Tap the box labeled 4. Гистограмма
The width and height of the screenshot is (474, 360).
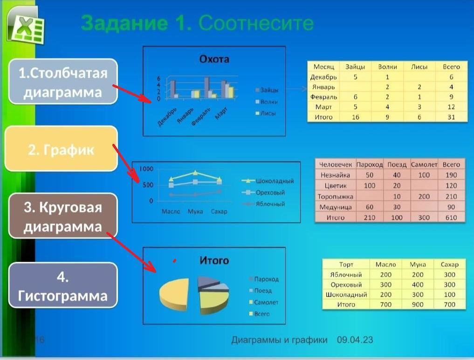click(62, 286)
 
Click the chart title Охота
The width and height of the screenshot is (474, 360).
click(214, 59)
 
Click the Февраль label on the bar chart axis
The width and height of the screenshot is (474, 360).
click(201, 115)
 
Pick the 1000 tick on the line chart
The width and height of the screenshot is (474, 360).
click(146, 169)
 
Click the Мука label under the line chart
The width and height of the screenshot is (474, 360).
click(195, 211)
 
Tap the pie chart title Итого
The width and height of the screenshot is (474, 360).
click(214, 260)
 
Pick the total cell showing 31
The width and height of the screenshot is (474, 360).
click(451, 117)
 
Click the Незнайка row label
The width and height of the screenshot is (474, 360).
click(335, 175)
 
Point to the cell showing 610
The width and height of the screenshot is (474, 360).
click(451, 217)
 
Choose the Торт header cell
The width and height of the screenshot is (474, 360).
click(346, 265)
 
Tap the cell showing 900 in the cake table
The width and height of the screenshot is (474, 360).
click(418, 305)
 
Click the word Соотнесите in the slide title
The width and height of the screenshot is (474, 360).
click(256, 22)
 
